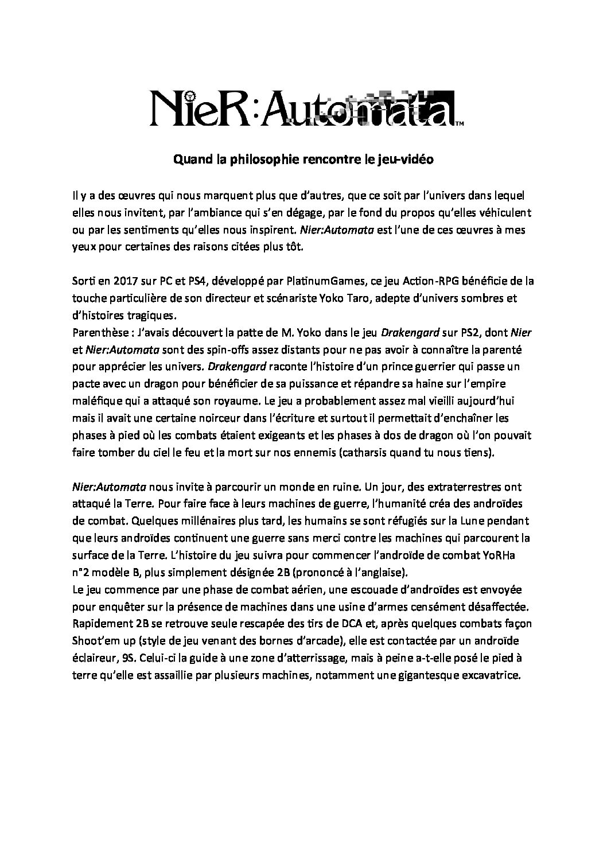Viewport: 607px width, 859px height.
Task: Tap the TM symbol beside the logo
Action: click(x=460, y=123)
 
